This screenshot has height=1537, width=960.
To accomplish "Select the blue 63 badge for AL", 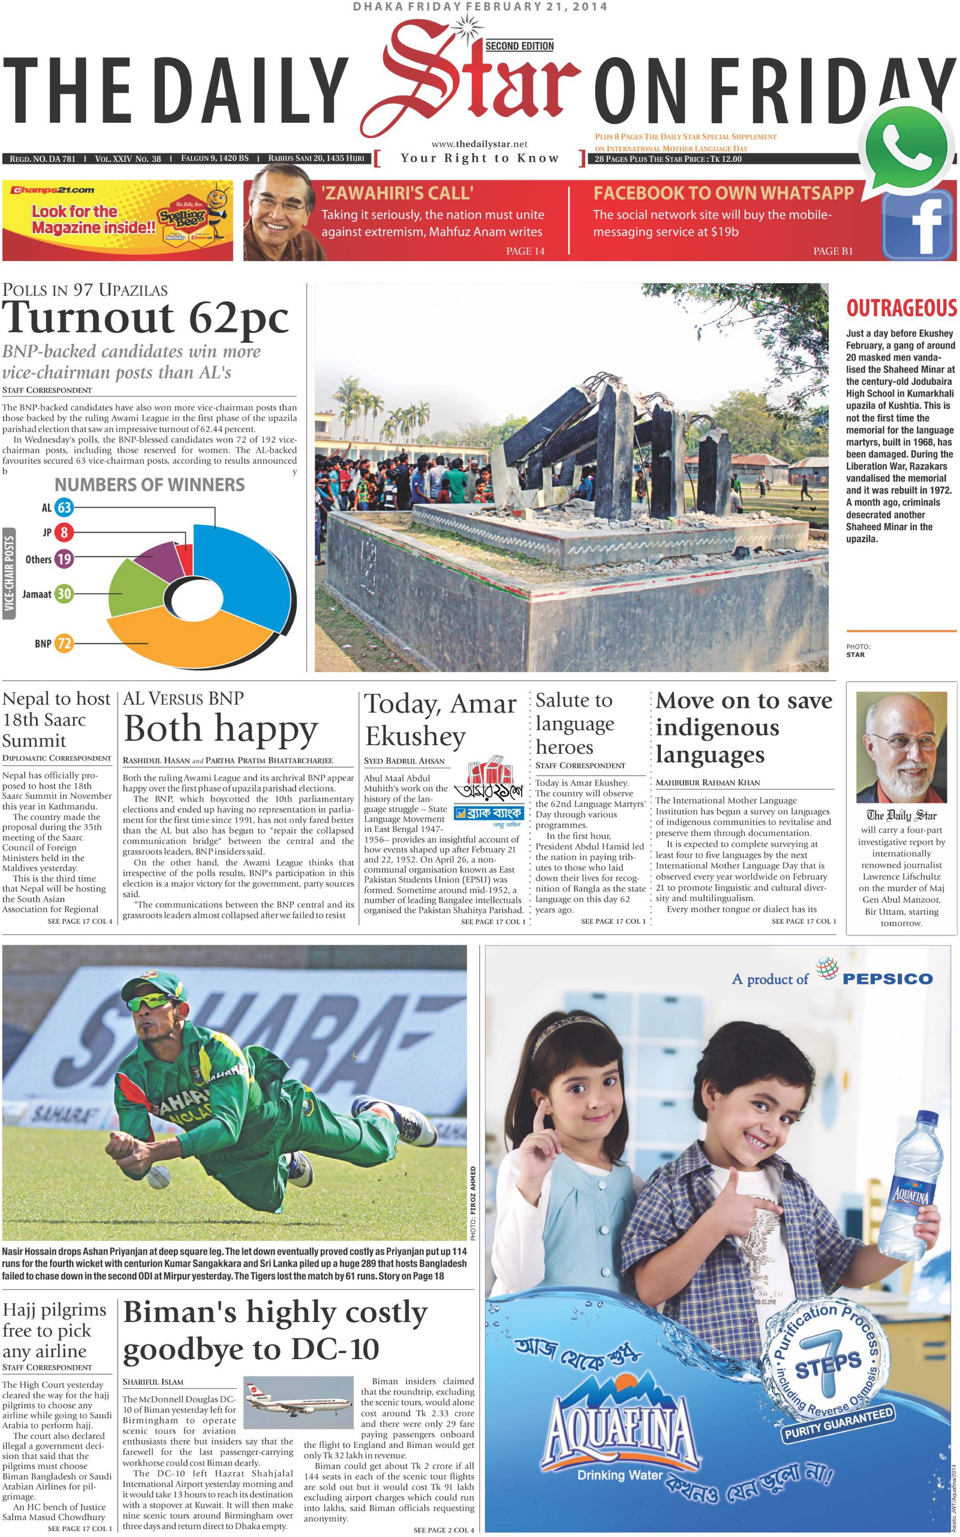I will click(x=64, y=507).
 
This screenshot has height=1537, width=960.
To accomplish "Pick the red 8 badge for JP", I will click(x=64, y=532).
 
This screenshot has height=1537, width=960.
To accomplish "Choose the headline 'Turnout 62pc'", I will click(x=146, y=318).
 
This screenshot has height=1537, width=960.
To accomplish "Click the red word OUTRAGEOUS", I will click(x=901, y=309).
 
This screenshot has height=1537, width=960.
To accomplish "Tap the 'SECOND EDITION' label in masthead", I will click(x=520, y=46).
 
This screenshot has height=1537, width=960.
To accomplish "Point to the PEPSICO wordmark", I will click(x=887, y=979).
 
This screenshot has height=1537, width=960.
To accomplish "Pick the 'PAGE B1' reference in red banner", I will click(x=833, y=251).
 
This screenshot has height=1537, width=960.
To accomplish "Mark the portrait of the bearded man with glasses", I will click(x=901, y=748).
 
